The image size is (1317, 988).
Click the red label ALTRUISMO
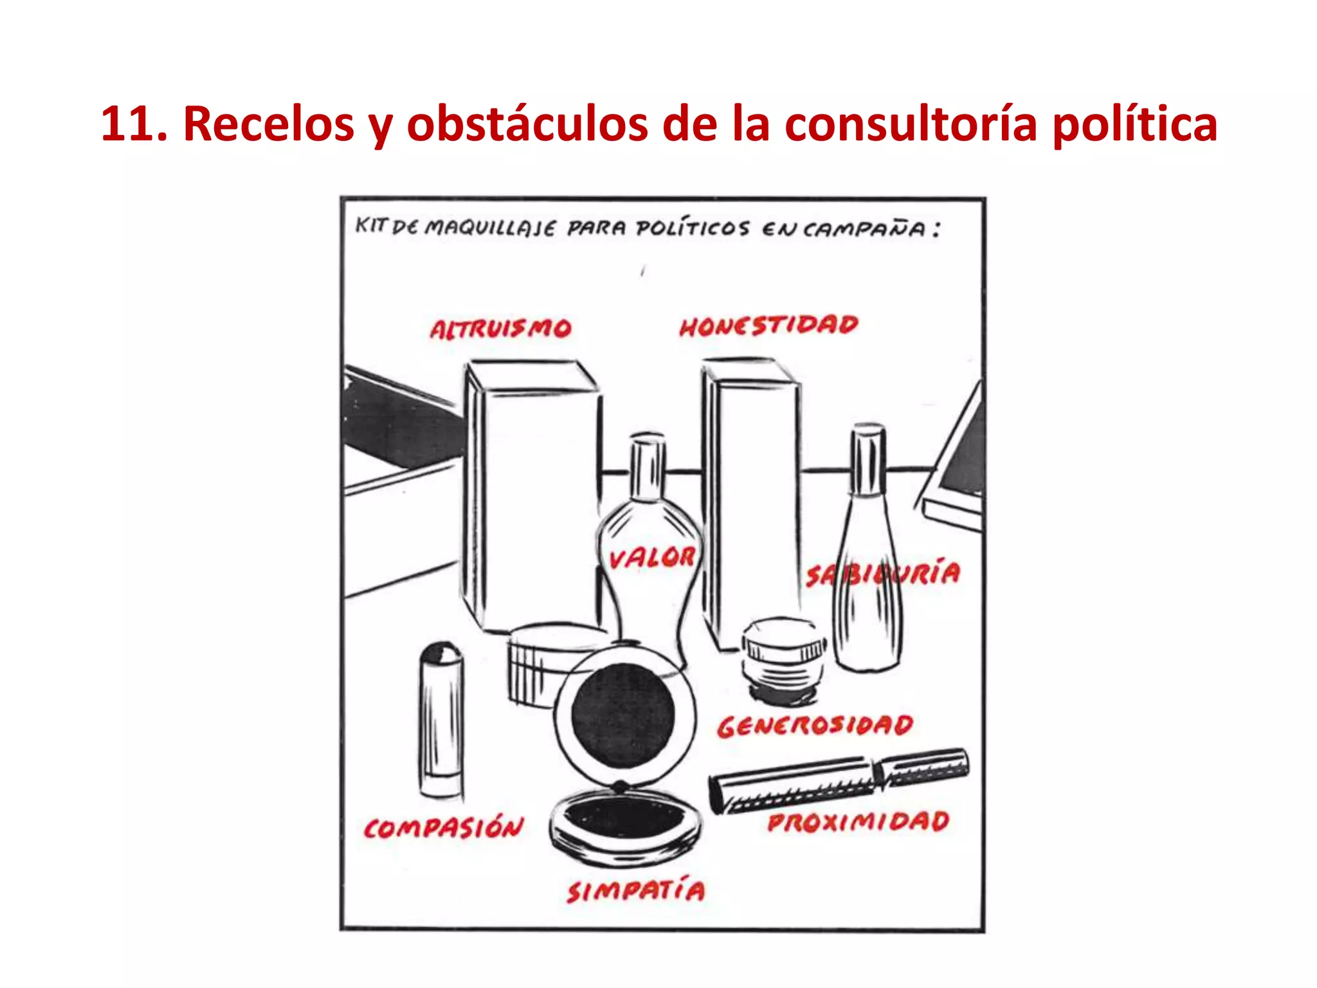[500, 329]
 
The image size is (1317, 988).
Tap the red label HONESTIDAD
[768, 325]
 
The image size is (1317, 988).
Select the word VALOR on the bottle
[651, 558]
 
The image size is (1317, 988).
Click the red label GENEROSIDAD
[815, 726]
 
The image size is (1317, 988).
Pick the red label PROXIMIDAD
[858, 822]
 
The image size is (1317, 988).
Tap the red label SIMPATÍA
[635, 892]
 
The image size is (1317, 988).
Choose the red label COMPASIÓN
[444, 828]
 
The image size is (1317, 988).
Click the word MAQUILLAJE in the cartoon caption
[490, 228]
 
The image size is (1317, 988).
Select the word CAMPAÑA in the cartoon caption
[864, 229]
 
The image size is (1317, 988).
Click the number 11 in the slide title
[131, 123]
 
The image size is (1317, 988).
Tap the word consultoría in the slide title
[911, 123]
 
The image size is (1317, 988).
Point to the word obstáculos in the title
[527, 123]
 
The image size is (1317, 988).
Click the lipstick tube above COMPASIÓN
[441, 720]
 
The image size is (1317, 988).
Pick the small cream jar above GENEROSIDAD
[783, 656]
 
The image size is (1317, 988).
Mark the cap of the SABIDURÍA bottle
[868, 459]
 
